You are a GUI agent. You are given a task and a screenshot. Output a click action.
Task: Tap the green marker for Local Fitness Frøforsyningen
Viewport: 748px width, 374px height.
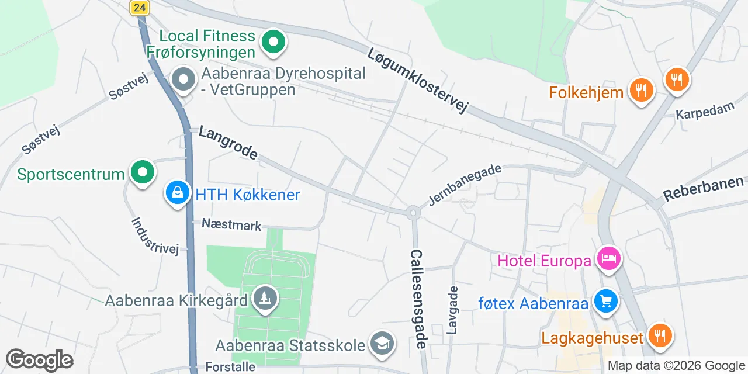coord(272,42)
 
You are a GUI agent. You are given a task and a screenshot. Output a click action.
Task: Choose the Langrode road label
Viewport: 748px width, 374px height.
coord(228,142)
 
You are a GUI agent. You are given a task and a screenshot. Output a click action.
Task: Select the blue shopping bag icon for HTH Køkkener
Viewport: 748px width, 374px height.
coord(176,192)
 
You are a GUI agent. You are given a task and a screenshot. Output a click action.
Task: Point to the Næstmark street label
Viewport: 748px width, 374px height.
coord(231,224)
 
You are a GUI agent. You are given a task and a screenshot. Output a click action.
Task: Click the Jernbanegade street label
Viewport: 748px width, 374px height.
coord(465,185)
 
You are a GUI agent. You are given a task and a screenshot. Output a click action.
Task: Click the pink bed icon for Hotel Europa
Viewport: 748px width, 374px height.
coord(608,258)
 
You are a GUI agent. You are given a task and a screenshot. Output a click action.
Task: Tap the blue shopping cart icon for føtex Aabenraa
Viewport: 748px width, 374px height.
coord(606,302)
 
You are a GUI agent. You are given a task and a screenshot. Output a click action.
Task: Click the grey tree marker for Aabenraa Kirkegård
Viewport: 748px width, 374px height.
coord(266,299)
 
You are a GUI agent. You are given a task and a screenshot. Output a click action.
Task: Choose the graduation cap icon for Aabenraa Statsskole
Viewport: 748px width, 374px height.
coord(383,343)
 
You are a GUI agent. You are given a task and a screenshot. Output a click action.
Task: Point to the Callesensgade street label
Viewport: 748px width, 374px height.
coord(418,299)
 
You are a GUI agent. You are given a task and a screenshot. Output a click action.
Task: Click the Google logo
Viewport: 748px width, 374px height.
coord(40,360)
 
